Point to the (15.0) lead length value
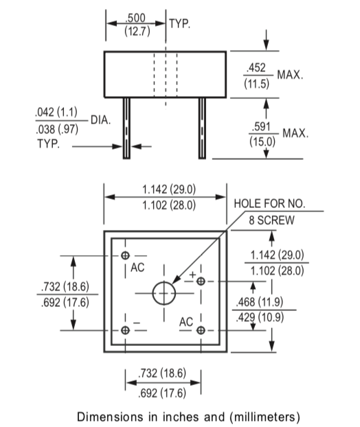coord(262,141)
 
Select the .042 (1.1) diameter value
coord(56,112)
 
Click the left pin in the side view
coord(126,128)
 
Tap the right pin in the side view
coord(202,128)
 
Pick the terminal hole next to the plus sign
coord(201,281)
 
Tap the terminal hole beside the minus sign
coord(125,330)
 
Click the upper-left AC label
coord(138,267)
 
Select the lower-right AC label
coord(185,321)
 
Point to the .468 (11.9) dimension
coord(265,302)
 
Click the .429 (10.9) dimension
coord(265,316)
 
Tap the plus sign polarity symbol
coord(194,275)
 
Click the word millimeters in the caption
coord(263,416)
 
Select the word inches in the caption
coord(170,416)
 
